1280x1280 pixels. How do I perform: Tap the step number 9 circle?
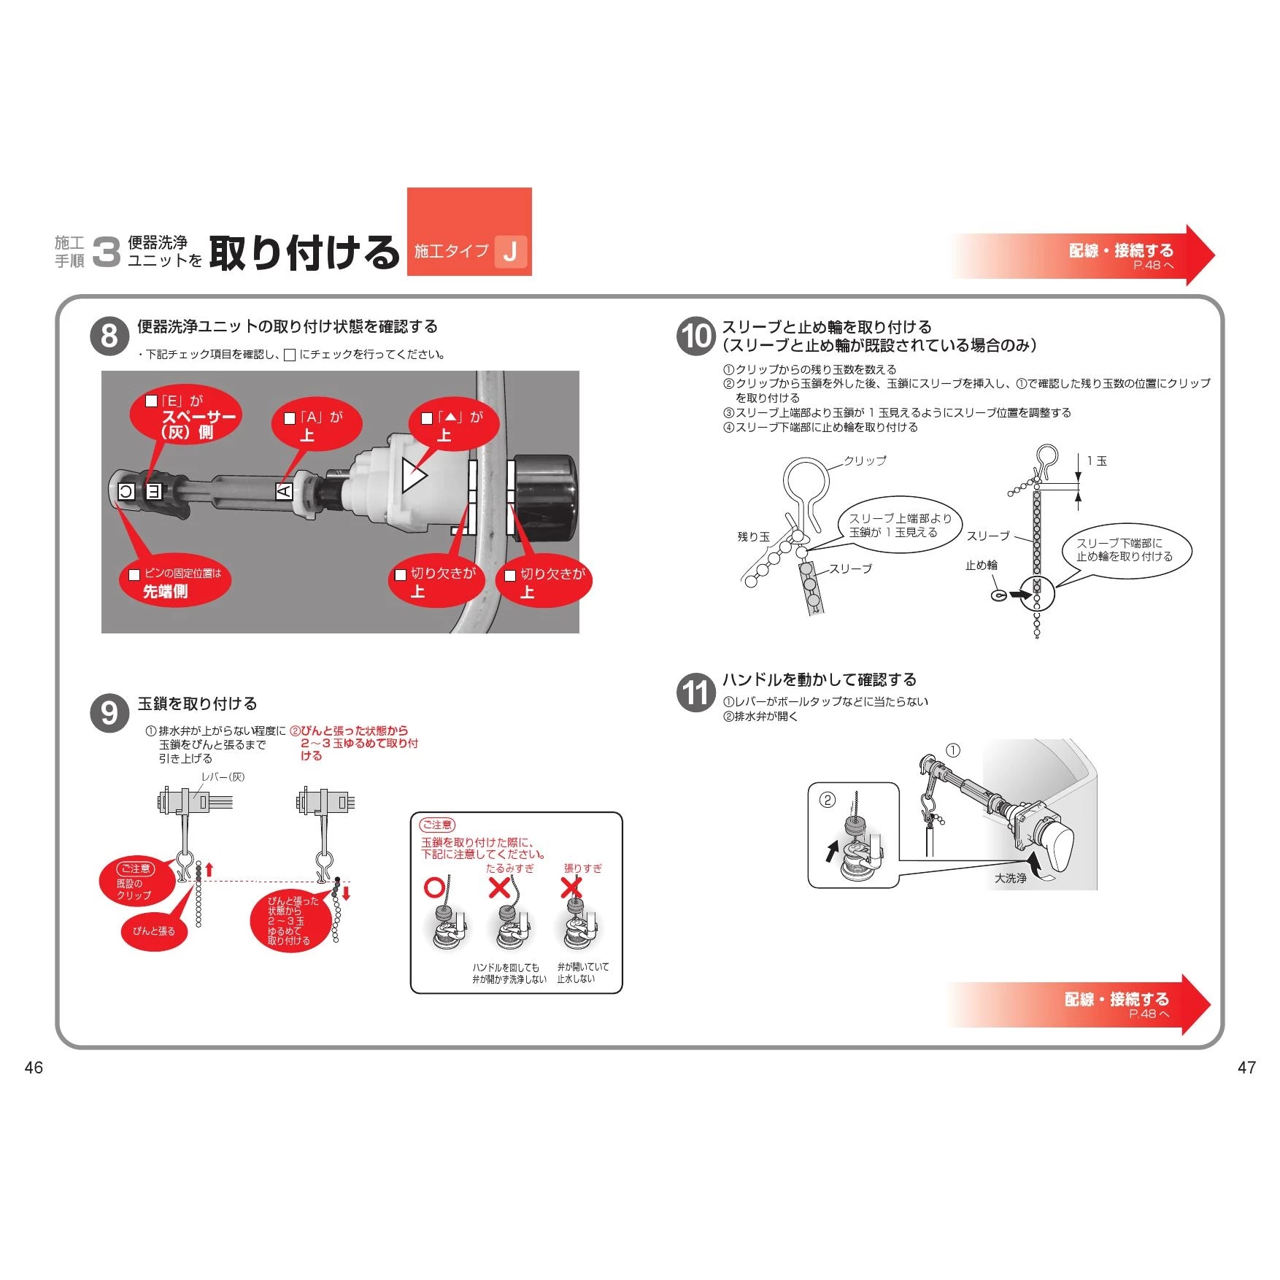point(109,713)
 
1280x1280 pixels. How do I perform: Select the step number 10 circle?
point(695,336)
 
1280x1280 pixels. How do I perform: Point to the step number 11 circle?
point(695,692)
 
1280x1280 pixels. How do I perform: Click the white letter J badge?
point(510,252)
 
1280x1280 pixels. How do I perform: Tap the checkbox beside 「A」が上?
point(289,418)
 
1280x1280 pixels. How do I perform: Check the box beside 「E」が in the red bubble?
point(152,401)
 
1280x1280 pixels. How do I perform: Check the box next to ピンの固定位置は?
point(134,574)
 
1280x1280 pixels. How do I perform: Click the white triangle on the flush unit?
point(414,474)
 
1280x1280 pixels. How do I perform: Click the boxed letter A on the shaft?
point(284,491)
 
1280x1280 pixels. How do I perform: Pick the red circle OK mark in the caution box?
point(435,887)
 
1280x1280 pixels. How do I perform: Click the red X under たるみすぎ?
point(499,887)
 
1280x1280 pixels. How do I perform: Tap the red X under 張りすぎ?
point(571,887)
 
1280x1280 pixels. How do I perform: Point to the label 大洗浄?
point(1010,878)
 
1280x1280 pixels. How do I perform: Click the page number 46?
point(34,1068)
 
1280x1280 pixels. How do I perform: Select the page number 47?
point(1246,1068)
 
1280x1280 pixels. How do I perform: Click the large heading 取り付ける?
point(304,252)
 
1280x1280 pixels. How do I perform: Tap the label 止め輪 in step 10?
point(981,565)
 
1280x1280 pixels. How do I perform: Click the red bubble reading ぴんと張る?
point(154,931)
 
